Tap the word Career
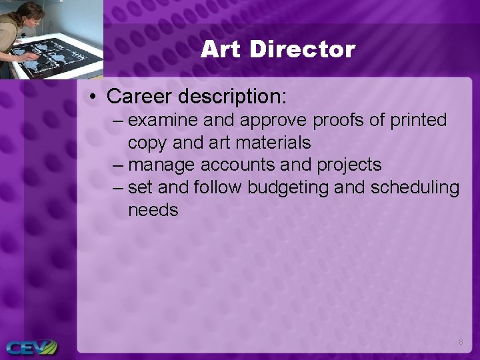(x=139, y=96)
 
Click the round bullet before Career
(x=93, y=97)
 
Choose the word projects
(x=349, y=165)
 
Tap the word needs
(x=153, y=211)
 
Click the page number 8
(x=460, y=342)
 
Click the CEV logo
(x=30, y=347)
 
